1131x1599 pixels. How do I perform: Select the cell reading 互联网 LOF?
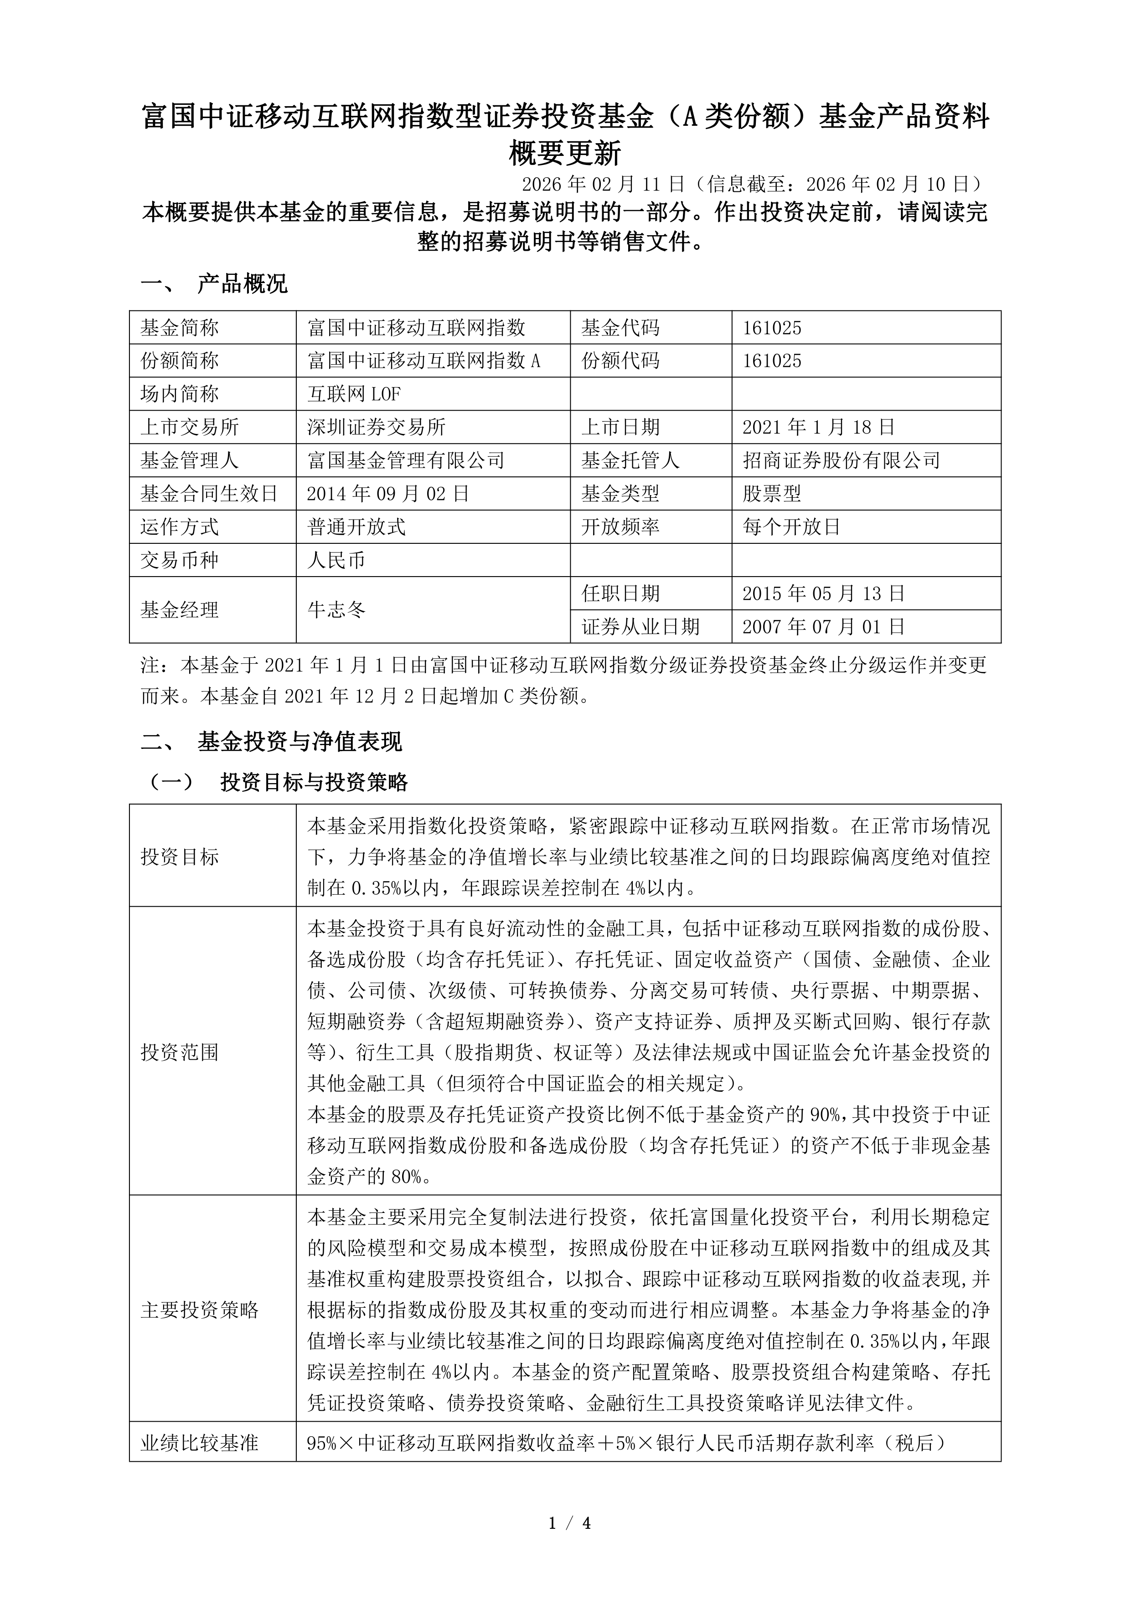pyautogui.click(x=354, y=394)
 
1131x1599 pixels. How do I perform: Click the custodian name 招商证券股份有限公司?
pyautogui.click(x=841, y=460)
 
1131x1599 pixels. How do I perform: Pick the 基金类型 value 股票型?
pyautogui.click(x=772, y=494)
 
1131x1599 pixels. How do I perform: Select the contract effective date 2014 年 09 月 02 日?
pyautogui.click(x=388, y=494)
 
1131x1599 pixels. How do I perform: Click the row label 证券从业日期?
pyautogui.click(x=640, y=627)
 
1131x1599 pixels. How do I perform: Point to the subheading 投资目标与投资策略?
pyautogui.click(x=314, y=782)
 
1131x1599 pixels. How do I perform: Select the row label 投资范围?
pyautogui.click(x=180, y=1052)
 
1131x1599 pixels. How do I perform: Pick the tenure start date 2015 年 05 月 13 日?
pyautogui.click(x=823, y=593)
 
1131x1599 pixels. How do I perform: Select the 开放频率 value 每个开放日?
pyautogui.click(x=791, y=527)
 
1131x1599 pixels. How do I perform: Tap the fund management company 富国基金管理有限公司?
pyautogui.click(x=405, y=460)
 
